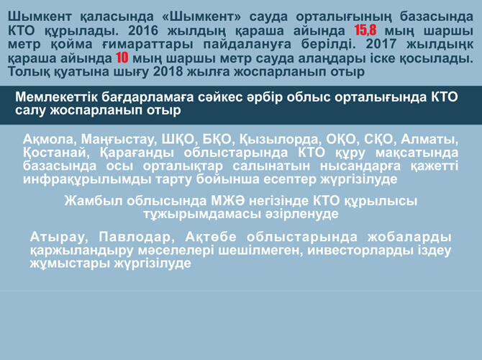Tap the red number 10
coord(122,59)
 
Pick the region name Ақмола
coord(48,140)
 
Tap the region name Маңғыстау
coord(114,140)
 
